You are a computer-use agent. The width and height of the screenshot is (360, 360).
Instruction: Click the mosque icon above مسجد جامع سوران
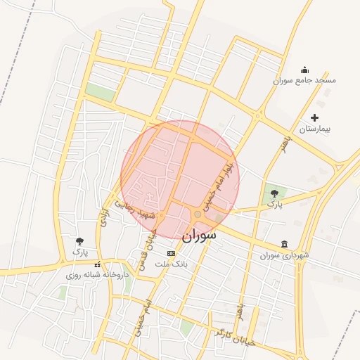(304, 70)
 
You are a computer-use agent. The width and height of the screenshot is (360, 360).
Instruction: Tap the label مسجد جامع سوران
(304, 80)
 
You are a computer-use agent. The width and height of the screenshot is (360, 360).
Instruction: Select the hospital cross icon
(314, 117)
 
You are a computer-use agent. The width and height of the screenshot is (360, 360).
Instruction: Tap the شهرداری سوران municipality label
(284, 255)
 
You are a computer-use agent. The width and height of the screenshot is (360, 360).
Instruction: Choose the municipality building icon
(284, 244)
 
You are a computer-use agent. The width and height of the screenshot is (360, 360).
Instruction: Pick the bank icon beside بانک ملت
(172, 253)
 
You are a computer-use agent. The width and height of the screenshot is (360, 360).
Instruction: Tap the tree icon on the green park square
(274, 193)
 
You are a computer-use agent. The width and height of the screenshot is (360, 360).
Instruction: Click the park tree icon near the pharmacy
(80, 242)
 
